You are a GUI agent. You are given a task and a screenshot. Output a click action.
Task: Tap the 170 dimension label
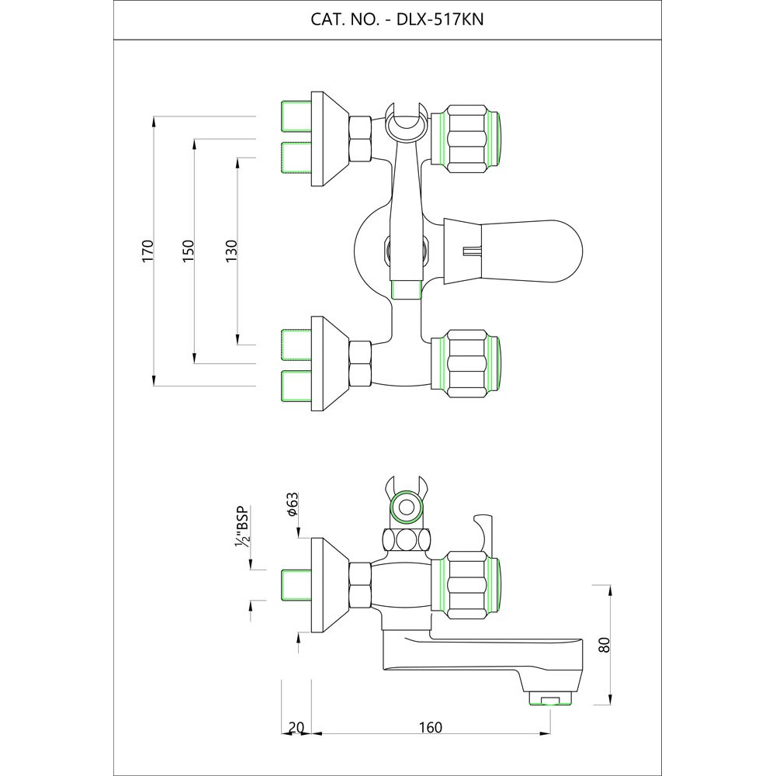[x=148, y=251]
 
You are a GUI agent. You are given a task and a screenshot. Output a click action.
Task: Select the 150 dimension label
[x=187, y=251]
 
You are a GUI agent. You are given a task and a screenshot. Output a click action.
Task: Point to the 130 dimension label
[x=230, y=251]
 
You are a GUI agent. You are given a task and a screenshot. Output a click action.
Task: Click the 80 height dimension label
[x=605, y=645]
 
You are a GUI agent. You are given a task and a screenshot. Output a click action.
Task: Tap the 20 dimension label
[x=296, y=727]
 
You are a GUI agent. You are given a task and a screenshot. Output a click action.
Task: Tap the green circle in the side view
[x=404, y=510]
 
